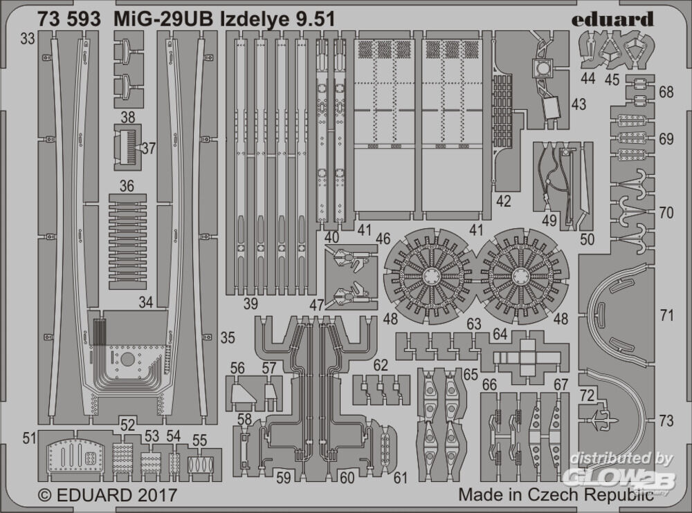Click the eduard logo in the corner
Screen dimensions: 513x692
click(x=612, y=19)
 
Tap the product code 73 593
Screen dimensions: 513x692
click(x=72, y=19)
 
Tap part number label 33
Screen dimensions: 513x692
click(x=28, y=40)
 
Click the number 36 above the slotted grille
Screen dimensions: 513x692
click(x=126, y=186)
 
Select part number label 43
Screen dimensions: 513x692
click(x=579, y=104)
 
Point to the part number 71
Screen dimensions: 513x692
click(x=666, y=316)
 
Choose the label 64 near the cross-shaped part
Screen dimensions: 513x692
click(x=500, y=335)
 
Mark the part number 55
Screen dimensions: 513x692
click(x=200, y=440)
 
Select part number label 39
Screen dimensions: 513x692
click(x=251, y=303)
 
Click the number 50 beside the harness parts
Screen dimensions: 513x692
click(x=588, y=239)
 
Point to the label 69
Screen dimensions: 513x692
click(x=666, y=139)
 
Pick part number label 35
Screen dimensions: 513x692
click(x=228, y=338)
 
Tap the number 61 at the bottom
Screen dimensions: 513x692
click(x=400, y=476)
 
